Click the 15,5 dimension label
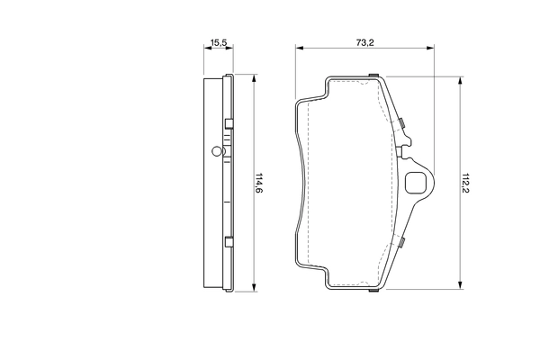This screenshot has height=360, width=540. coord(219,42)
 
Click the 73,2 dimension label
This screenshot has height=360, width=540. coord(364,42)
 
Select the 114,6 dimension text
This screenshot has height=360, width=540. coord(258,183)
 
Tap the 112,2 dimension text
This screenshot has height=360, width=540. coord(465,183)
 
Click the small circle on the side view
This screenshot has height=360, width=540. coord(216,151)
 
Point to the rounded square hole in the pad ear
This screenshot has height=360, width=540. coord(414,183)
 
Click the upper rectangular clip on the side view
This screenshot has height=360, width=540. coord(229,123)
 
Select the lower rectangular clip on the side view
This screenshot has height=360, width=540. coord(229,242)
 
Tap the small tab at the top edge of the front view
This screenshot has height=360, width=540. coord(373,75)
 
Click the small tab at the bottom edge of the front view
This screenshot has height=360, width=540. coord(373,291)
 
